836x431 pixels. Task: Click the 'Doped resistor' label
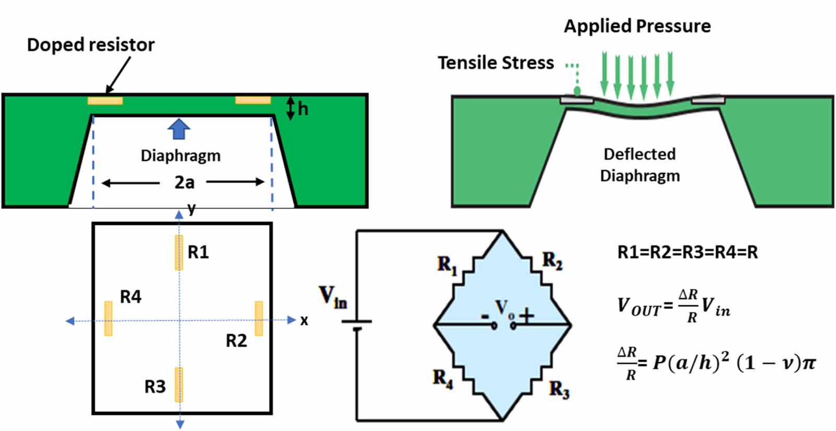coord(90,45)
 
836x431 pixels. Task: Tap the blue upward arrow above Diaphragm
coord(179,128)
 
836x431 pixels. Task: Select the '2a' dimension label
coord(184,182)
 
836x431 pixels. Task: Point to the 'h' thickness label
coord(303,109)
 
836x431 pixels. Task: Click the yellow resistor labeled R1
coord(179,252)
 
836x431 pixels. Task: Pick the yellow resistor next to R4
coord(108,318)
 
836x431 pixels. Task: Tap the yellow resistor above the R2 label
coord(259,318)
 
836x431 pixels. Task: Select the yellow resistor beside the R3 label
coord(179,385)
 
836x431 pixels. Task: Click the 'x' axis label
coord(304,320)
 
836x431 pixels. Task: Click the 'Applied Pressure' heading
coord(637,26)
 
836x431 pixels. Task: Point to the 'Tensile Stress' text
coord(495,63)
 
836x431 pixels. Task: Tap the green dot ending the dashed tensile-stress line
coord(577,91)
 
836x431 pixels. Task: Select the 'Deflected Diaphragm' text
coord(640,165)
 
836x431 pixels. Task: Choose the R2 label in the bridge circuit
coord(552,260)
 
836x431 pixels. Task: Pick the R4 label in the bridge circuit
coord(443,378)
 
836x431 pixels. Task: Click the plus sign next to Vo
coord(526,316)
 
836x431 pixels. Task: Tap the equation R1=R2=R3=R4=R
coord(687,252)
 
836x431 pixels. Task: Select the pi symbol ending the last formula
coord(808,363)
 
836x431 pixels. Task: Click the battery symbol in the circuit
coord(356,324)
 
